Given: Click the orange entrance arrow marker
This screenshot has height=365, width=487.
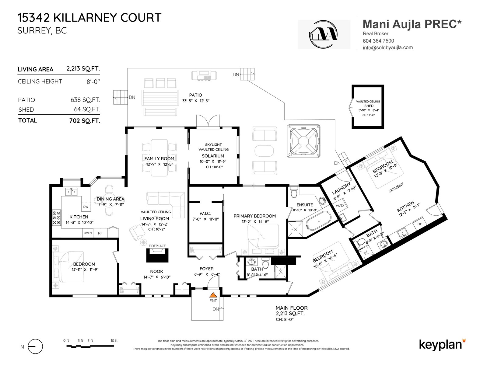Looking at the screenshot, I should pos(213,295).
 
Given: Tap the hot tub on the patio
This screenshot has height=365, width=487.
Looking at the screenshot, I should pos(303,141).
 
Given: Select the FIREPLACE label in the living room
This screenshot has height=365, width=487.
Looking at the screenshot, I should pos(157,246).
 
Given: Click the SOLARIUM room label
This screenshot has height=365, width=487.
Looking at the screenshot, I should pos(213,156).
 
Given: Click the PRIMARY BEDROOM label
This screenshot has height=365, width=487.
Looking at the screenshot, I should pos(254,216).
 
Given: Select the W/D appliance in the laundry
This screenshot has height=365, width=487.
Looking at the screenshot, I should pos(340,205).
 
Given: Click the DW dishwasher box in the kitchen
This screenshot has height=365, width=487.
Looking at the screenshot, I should pos(86,207).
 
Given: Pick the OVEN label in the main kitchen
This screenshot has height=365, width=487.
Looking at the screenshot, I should pos(88,233).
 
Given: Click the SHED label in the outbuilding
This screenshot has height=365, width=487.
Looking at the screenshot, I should pos(369,106).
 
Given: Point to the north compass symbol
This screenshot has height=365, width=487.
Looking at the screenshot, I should pos(35,346).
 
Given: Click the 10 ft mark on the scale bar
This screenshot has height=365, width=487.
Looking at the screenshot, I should pos(114,341).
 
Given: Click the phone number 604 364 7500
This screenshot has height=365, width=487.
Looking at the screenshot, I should pos(378,41).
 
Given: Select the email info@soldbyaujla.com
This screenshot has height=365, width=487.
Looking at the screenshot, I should pos(388,47).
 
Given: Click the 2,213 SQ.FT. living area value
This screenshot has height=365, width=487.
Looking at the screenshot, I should pos(83,69).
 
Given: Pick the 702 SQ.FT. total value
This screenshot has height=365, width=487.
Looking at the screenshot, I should pos(85,121).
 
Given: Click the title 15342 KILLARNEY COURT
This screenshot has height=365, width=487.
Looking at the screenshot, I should pos(89,18).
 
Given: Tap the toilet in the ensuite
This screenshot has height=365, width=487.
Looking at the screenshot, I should pos(294,193).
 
